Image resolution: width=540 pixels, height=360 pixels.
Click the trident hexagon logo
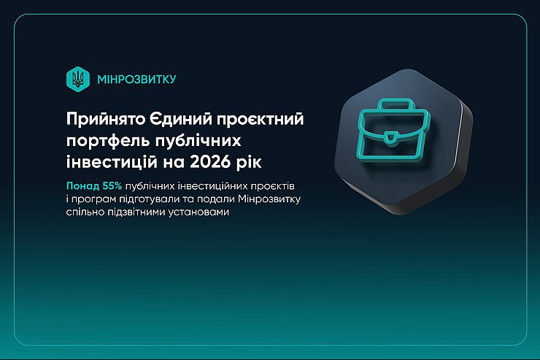click(78, 79)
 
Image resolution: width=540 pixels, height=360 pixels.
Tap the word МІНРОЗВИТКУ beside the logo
click(136, 80)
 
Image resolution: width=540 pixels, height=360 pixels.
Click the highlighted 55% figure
click(112, 186)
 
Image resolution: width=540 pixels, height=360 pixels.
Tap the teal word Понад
click(82, 186)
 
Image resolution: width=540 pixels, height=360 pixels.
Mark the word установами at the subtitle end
click(198, 212)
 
